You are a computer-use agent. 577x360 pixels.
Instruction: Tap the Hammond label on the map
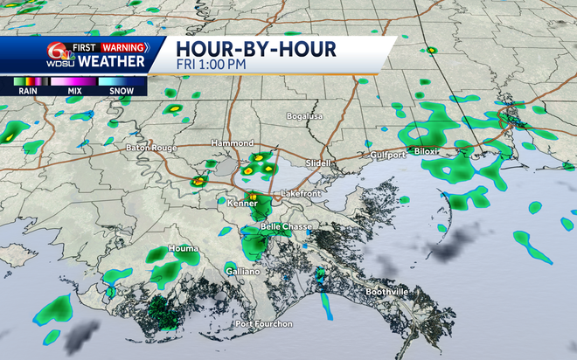[231, 142]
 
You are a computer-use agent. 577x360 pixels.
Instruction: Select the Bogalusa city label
[304, 116]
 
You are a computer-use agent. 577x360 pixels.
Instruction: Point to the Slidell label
[321, 163]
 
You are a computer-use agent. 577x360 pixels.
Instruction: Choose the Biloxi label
[430, 150]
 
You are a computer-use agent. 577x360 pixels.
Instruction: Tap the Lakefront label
[302, 192]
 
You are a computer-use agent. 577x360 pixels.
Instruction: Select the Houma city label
[183, 249]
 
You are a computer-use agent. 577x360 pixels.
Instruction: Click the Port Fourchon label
[262, 325]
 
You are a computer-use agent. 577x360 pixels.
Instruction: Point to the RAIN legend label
[25, 90]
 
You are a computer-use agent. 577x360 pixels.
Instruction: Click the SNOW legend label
[122, 90]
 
